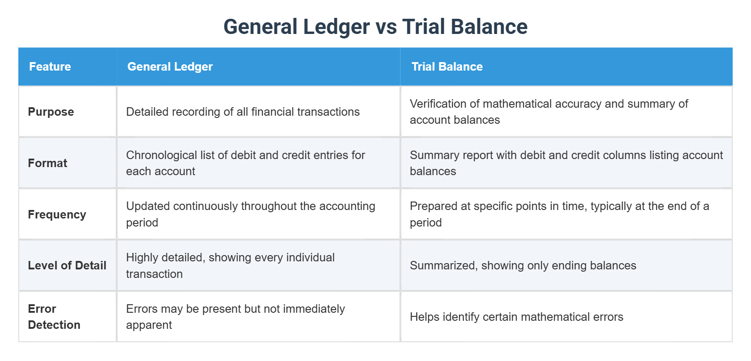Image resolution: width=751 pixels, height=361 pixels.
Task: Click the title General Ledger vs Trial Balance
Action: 375,27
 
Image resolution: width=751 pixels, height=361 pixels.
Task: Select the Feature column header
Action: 50,67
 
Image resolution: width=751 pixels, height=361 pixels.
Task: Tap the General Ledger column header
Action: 170,67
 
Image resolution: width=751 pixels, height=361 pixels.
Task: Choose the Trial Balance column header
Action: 447,67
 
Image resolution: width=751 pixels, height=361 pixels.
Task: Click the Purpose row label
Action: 51,112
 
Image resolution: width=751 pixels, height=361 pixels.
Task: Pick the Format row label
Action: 47,163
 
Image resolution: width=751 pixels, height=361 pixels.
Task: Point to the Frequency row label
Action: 57,214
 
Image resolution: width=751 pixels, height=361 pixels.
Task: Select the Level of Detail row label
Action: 67,265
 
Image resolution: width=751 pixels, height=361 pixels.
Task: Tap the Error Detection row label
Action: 54,317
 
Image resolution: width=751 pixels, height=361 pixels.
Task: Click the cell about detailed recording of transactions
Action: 243,112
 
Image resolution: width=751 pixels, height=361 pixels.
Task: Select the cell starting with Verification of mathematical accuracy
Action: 548,112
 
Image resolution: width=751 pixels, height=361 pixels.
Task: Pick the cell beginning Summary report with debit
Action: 566,163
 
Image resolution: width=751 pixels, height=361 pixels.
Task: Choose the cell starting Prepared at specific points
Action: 559,214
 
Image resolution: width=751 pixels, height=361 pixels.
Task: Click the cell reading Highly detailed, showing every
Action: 230,265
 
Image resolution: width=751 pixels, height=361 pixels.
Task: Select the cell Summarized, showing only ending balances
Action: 523,265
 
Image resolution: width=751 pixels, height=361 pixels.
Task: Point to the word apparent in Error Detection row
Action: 149,325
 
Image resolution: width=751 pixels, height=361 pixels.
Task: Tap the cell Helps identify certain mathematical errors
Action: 516,317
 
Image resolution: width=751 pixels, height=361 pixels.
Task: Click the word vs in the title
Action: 386,27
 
